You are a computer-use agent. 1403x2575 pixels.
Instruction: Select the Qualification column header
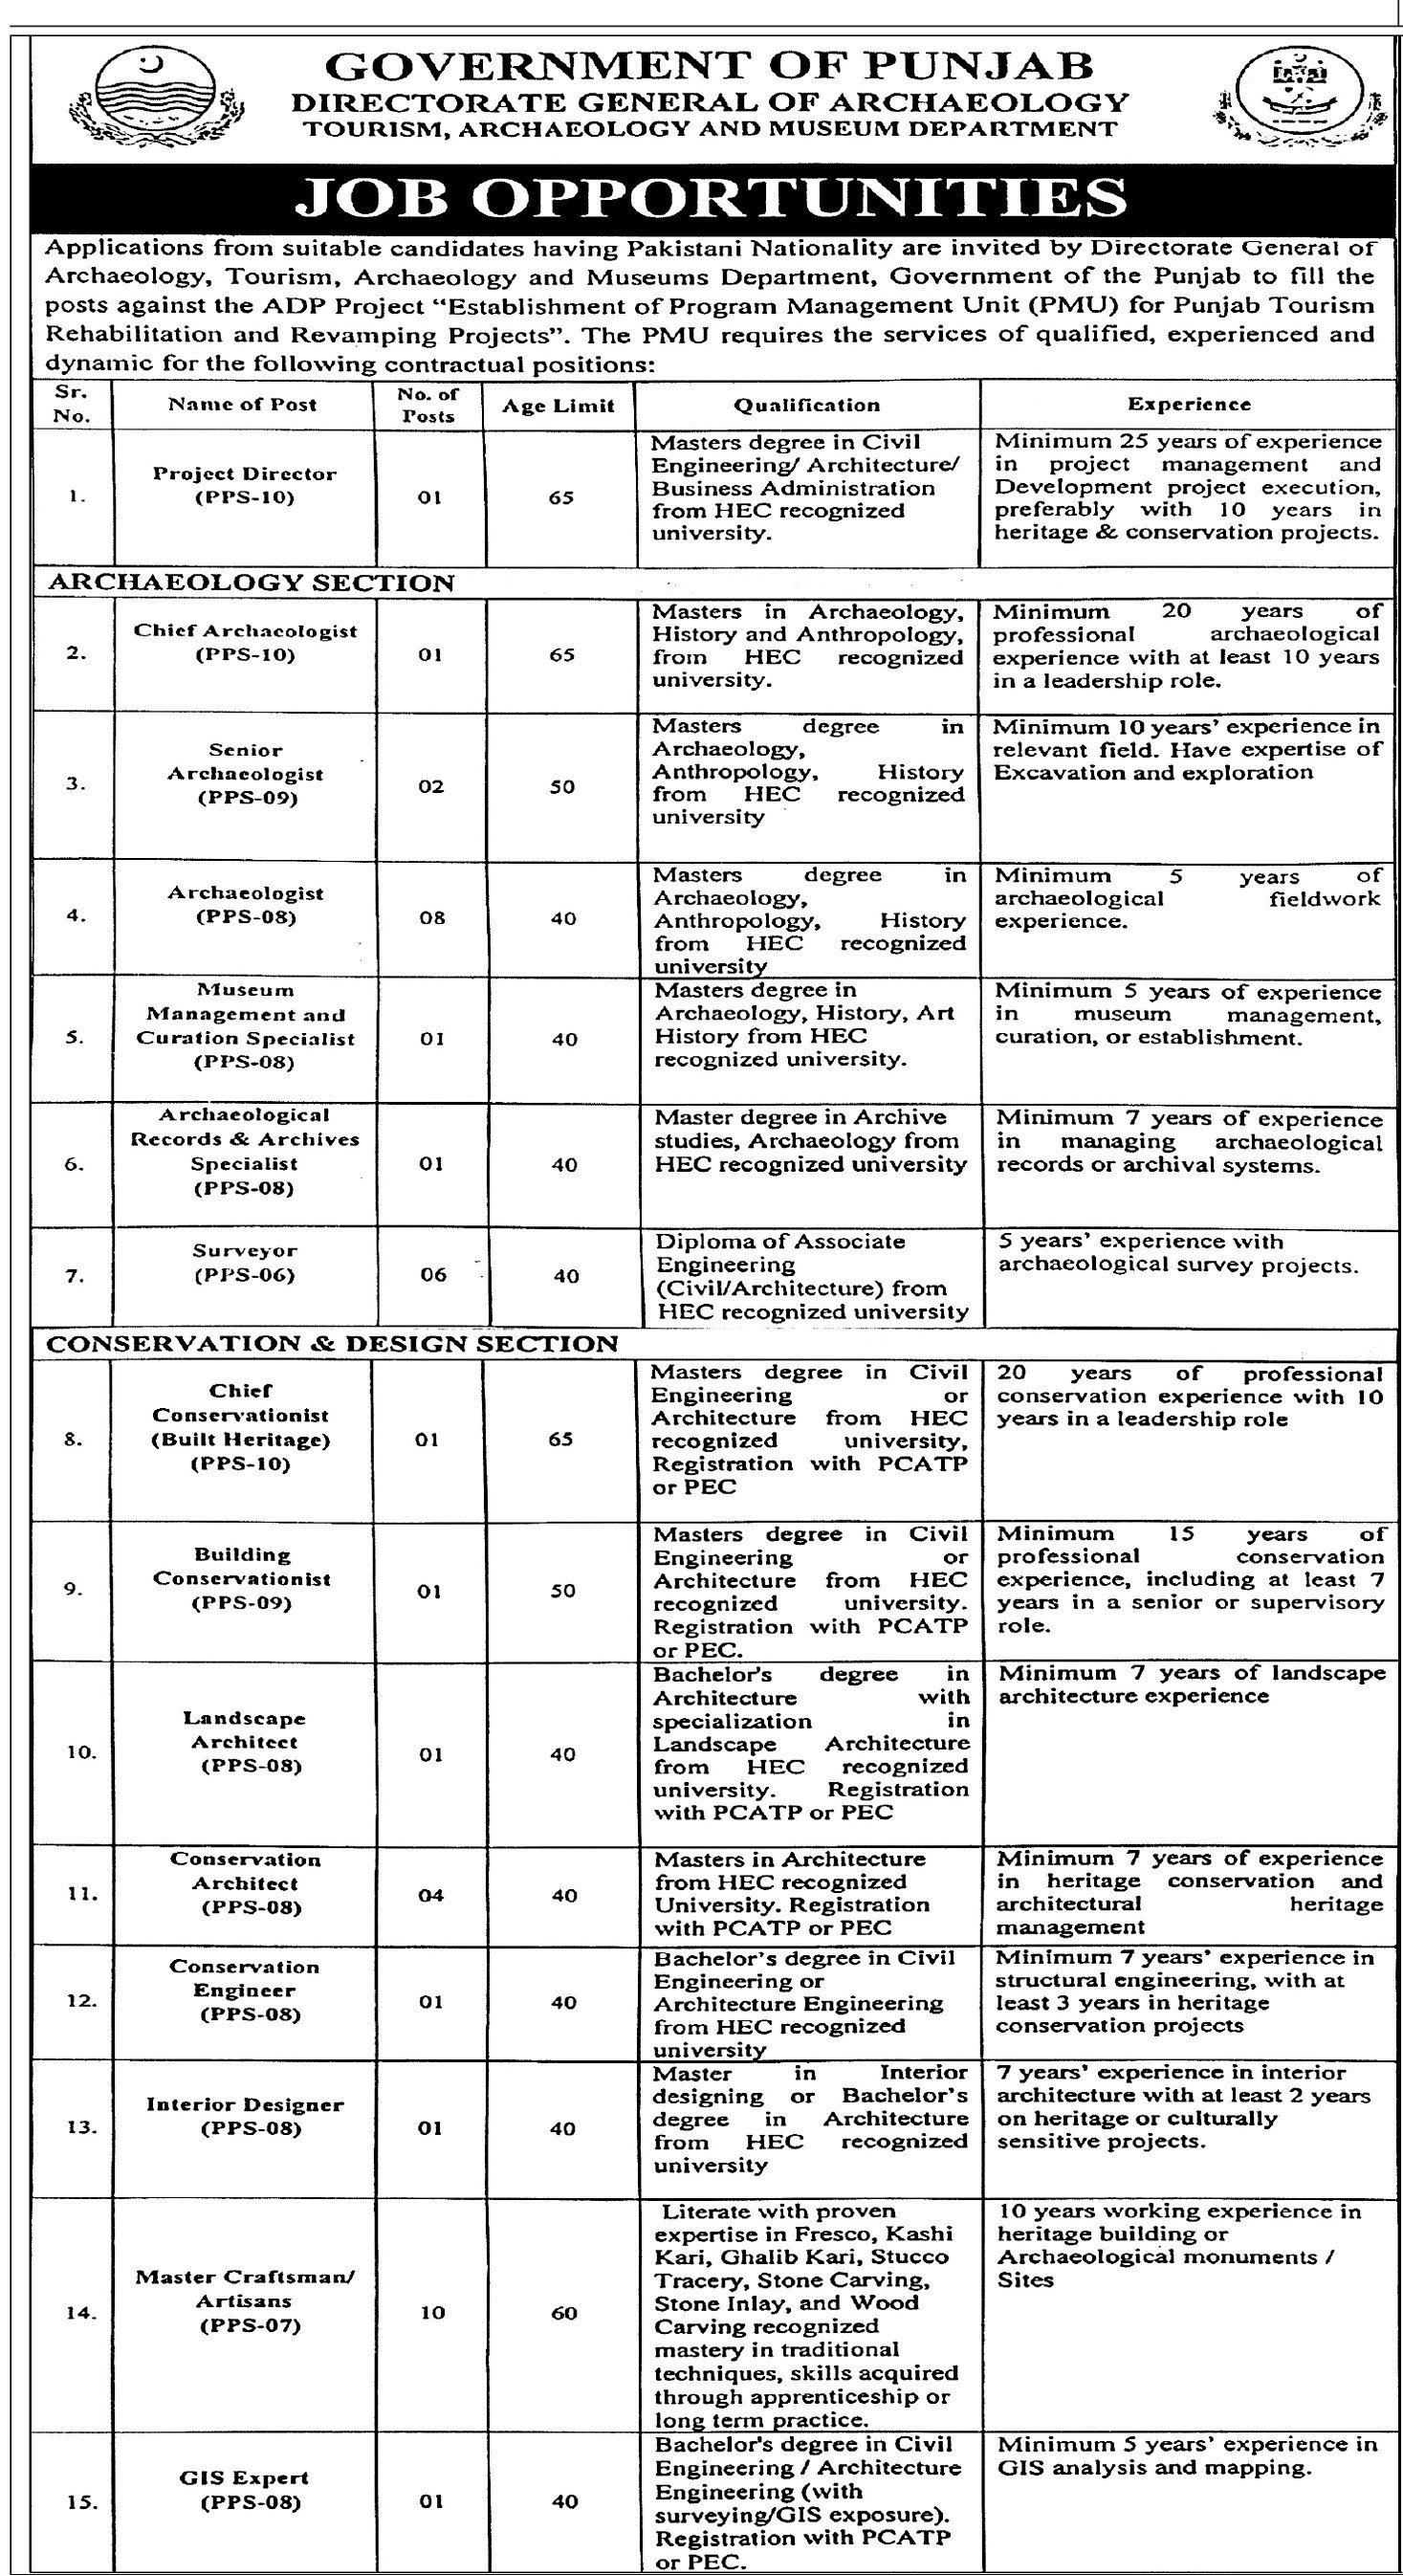(x=806, y=405)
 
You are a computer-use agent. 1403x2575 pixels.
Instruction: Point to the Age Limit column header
(x=559, y=405)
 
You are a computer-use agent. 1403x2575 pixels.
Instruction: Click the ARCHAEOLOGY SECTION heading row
(x=250, y=583)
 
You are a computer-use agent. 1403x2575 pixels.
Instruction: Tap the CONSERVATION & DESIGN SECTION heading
(x=332, y=1344)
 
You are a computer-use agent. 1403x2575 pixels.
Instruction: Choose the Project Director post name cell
(x=244, y=485)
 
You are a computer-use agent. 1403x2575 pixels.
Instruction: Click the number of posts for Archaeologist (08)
(x=431, y=916)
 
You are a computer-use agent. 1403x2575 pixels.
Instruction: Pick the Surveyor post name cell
(x=244, y=1263)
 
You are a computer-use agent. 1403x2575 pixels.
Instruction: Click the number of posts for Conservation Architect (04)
(x=431, y=1895)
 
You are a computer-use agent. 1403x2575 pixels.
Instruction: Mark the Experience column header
(x=1189, y=405)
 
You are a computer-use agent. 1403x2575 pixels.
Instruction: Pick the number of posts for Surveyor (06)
(x=432, y=1274)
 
